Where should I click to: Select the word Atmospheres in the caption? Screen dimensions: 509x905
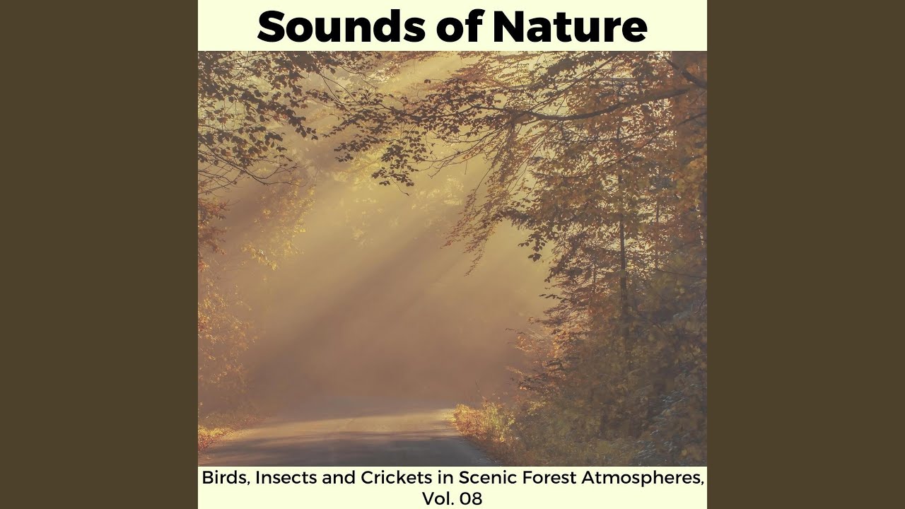tap(641, 478)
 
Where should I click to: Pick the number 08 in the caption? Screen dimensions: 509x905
tap(470, 498)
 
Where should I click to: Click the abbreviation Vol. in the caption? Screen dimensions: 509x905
tap(437, 498)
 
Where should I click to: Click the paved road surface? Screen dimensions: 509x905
tap(339, 438)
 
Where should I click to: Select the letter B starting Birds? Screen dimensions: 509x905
tap(207, 478)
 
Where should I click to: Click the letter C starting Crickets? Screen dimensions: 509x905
tap(347, 478)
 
